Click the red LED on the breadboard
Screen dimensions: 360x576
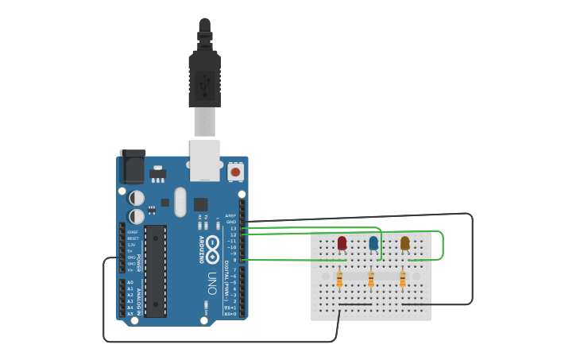(x=342, y=242)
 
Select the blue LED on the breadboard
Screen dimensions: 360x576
(x=373, y=242)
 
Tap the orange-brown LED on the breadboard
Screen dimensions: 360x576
(x=405, y=242)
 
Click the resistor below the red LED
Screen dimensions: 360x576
(x=339, y=279)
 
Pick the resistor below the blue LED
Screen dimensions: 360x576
(x=371, y=279)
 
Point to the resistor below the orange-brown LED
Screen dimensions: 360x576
(x=403, y=279)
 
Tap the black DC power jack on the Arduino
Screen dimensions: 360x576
(x=132, y=168)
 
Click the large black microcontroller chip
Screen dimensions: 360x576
(x=155, y=270)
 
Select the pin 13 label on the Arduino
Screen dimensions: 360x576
(x=233, y=228)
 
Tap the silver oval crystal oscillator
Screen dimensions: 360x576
(x=180, y=202)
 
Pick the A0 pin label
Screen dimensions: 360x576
(x=130, y=282)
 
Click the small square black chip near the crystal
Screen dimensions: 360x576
(x=200, y=204)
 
